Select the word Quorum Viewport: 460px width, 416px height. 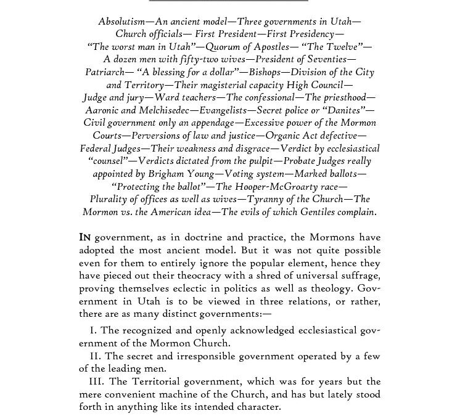tap(227, 47)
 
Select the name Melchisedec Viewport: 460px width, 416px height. tap(162, 112)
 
